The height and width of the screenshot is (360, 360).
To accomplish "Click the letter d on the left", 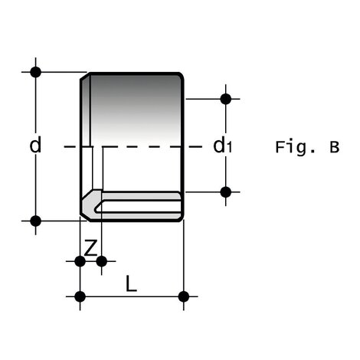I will click(x=35, y=145).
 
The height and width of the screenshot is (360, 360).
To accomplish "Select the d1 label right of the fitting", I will click(x=221, y=145).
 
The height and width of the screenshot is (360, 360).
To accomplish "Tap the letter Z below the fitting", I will click(x=90, y=247).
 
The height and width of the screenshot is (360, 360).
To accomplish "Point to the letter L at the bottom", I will click(x=131, y=285).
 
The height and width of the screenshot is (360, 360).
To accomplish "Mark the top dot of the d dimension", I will click(x=35, y=72).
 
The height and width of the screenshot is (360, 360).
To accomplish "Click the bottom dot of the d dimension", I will click(x=35, y=221).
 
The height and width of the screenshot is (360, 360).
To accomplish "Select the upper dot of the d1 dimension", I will click(x=225, y=98).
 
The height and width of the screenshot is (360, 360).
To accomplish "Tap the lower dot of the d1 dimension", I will click(x=225, y=191).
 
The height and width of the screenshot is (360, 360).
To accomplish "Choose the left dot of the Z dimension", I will click(x=80, y=261).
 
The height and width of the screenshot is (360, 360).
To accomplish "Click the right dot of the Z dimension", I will click(x=101, y=261).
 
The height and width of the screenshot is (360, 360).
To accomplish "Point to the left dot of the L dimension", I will click(x=80, y=296).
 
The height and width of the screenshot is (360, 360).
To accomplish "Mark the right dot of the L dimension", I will click(x=183, y=296).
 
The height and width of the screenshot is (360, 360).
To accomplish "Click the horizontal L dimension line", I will click(x=132, y=296).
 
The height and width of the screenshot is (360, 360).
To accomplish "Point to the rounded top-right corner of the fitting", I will click(x=181, y=76).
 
